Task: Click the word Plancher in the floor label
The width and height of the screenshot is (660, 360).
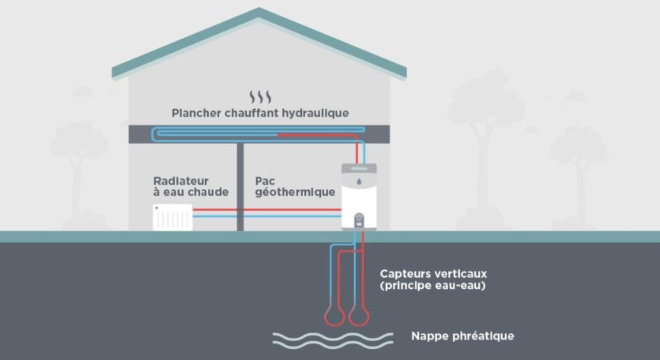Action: (x=196, y=113)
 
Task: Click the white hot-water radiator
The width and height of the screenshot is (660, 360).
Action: (x=173, y=218)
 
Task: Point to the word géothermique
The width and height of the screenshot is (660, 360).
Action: (x=295, y=193)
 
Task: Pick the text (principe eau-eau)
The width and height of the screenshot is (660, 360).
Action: (x=433, y=286)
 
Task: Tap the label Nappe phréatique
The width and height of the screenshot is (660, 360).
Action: (x=462, y=336)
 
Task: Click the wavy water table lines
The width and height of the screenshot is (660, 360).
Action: (x=332, y=340)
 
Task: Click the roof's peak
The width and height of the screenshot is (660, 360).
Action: (x=259, y=11)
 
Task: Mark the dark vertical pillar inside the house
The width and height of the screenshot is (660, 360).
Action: (x=240, y=187)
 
